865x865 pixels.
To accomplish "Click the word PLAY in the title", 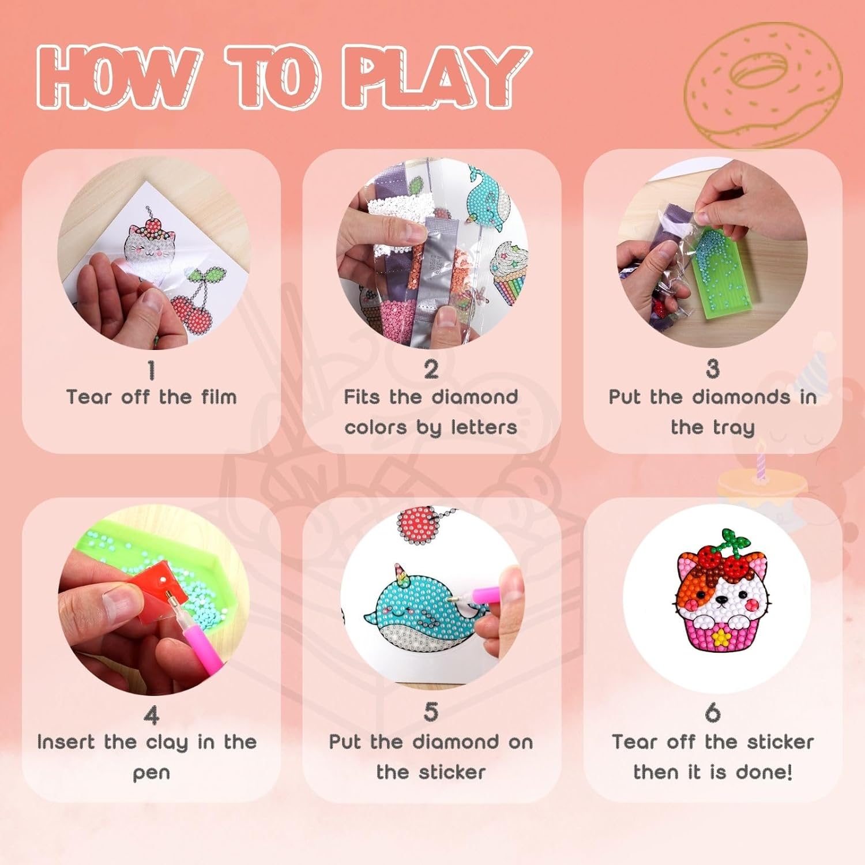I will point(435,77).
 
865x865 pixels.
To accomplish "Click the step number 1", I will point(151,370).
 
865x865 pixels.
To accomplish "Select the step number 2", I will point(431,370).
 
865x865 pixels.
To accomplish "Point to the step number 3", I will point(713,369).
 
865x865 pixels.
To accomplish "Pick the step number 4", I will point(151,715).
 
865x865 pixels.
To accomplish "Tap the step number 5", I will point(431,712).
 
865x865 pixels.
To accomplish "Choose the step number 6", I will point(713,713).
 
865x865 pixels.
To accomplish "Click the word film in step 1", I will point(219,397).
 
